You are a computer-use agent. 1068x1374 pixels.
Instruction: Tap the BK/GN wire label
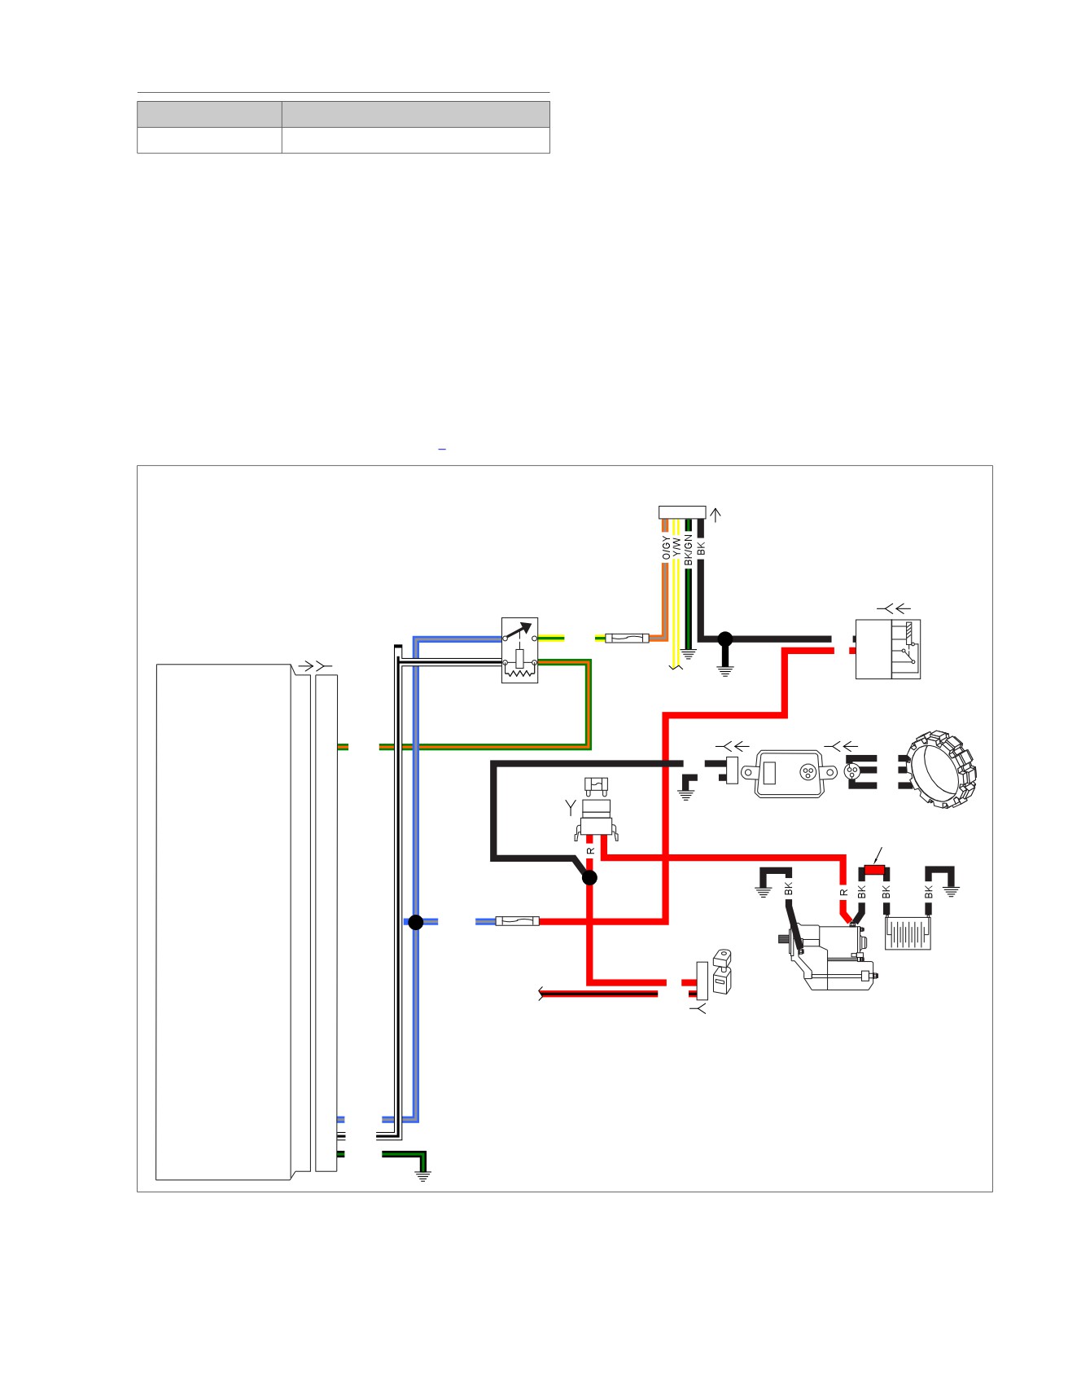point(688,550)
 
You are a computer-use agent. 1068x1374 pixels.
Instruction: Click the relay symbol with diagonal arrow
point(519,650)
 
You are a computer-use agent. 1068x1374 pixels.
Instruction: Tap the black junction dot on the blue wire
point(416,922)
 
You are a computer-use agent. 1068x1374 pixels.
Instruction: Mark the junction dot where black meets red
point(589,877)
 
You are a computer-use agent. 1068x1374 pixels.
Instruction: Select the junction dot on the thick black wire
point(724,639)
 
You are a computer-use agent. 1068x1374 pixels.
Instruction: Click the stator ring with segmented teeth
point(942,769)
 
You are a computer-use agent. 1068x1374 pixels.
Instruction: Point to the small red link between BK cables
point(874,870)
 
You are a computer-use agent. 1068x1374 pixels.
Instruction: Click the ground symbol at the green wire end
point(422,1174)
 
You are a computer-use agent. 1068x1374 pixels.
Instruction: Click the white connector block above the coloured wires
point(682,512)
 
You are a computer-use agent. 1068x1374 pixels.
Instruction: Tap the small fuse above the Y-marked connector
point(597,785)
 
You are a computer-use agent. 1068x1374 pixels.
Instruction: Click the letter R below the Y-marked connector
point(591,851)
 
